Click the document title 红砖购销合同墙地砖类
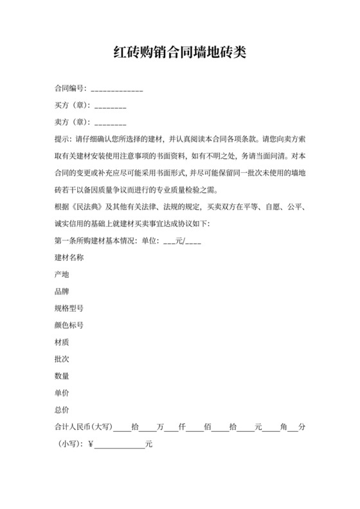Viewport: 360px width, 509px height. tap(180, 52)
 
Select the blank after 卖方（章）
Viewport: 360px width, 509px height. tap(109, 122)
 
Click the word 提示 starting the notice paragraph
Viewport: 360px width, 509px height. tap(62, 138)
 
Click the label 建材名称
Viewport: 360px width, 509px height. tap(69, 257)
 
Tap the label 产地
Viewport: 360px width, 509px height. tap(62, 274)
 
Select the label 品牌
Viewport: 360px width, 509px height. tap(62, 291)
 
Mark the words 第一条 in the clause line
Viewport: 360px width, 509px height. tap(66, 240)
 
